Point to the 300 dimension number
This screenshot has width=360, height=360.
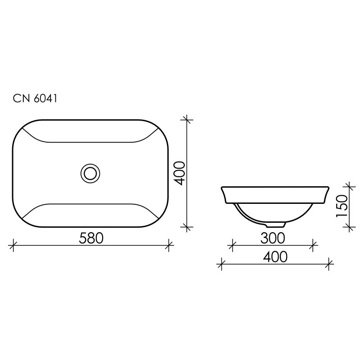tap(273, 237)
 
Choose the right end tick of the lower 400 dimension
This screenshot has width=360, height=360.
tap(329, 264)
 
